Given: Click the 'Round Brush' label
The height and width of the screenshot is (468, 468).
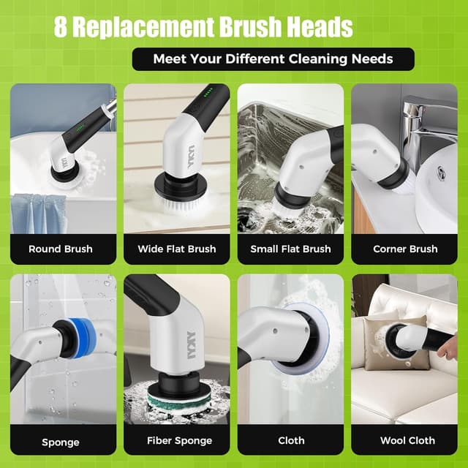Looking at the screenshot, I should (61, 249).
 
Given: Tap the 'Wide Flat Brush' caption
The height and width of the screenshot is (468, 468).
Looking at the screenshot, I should (177, 249).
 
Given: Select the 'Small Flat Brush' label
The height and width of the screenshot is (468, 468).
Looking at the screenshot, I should (290, 249).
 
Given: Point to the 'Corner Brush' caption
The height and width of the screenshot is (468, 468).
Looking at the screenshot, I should (405, 249).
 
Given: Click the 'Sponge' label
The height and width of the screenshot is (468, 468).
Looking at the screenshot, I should (61, 442).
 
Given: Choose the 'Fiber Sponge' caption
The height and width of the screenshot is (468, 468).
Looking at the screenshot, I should (180, 441).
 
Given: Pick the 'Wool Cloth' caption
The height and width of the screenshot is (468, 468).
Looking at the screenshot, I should (407, 441).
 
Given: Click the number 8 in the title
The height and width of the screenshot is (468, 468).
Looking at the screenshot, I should (61, 28).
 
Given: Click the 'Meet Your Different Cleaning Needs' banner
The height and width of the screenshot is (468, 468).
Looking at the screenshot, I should (273, 59).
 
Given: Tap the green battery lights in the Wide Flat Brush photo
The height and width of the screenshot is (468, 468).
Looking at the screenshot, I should (209, 94).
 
